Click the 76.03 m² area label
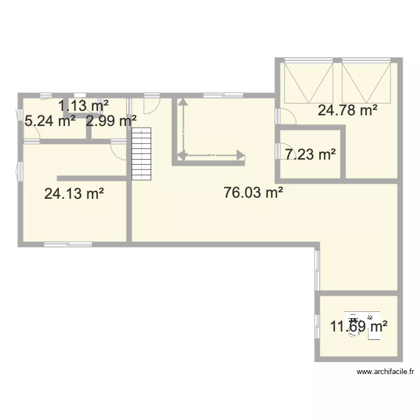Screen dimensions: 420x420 point(253,193)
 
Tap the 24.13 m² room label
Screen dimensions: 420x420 point(74,194)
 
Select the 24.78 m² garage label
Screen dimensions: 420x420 point(347,110)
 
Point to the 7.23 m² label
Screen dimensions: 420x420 point(310,155)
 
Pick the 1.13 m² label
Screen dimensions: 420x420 point(83,104)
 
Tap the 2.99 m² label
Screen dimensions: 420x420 point(111,120)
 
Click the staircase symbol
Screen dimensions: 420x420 point(142,154)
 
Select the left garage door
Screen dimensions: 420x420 point(308,82)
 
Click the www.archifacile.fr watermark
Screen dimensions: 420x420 point(385,371)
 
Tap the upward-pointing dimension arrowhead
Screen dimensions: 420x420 point(181,104)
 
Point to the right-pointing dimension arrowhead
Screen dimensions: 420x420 point(240,155)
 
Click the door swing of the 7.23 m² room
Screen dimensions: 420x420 point(282,152)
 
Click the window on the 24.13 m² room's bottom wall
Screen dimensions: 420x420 point(68,244)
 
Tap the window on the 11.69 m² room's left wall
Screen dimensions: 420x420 point(317,325)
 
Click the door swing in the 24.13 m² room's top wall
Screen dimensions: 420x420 point(119,149)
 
